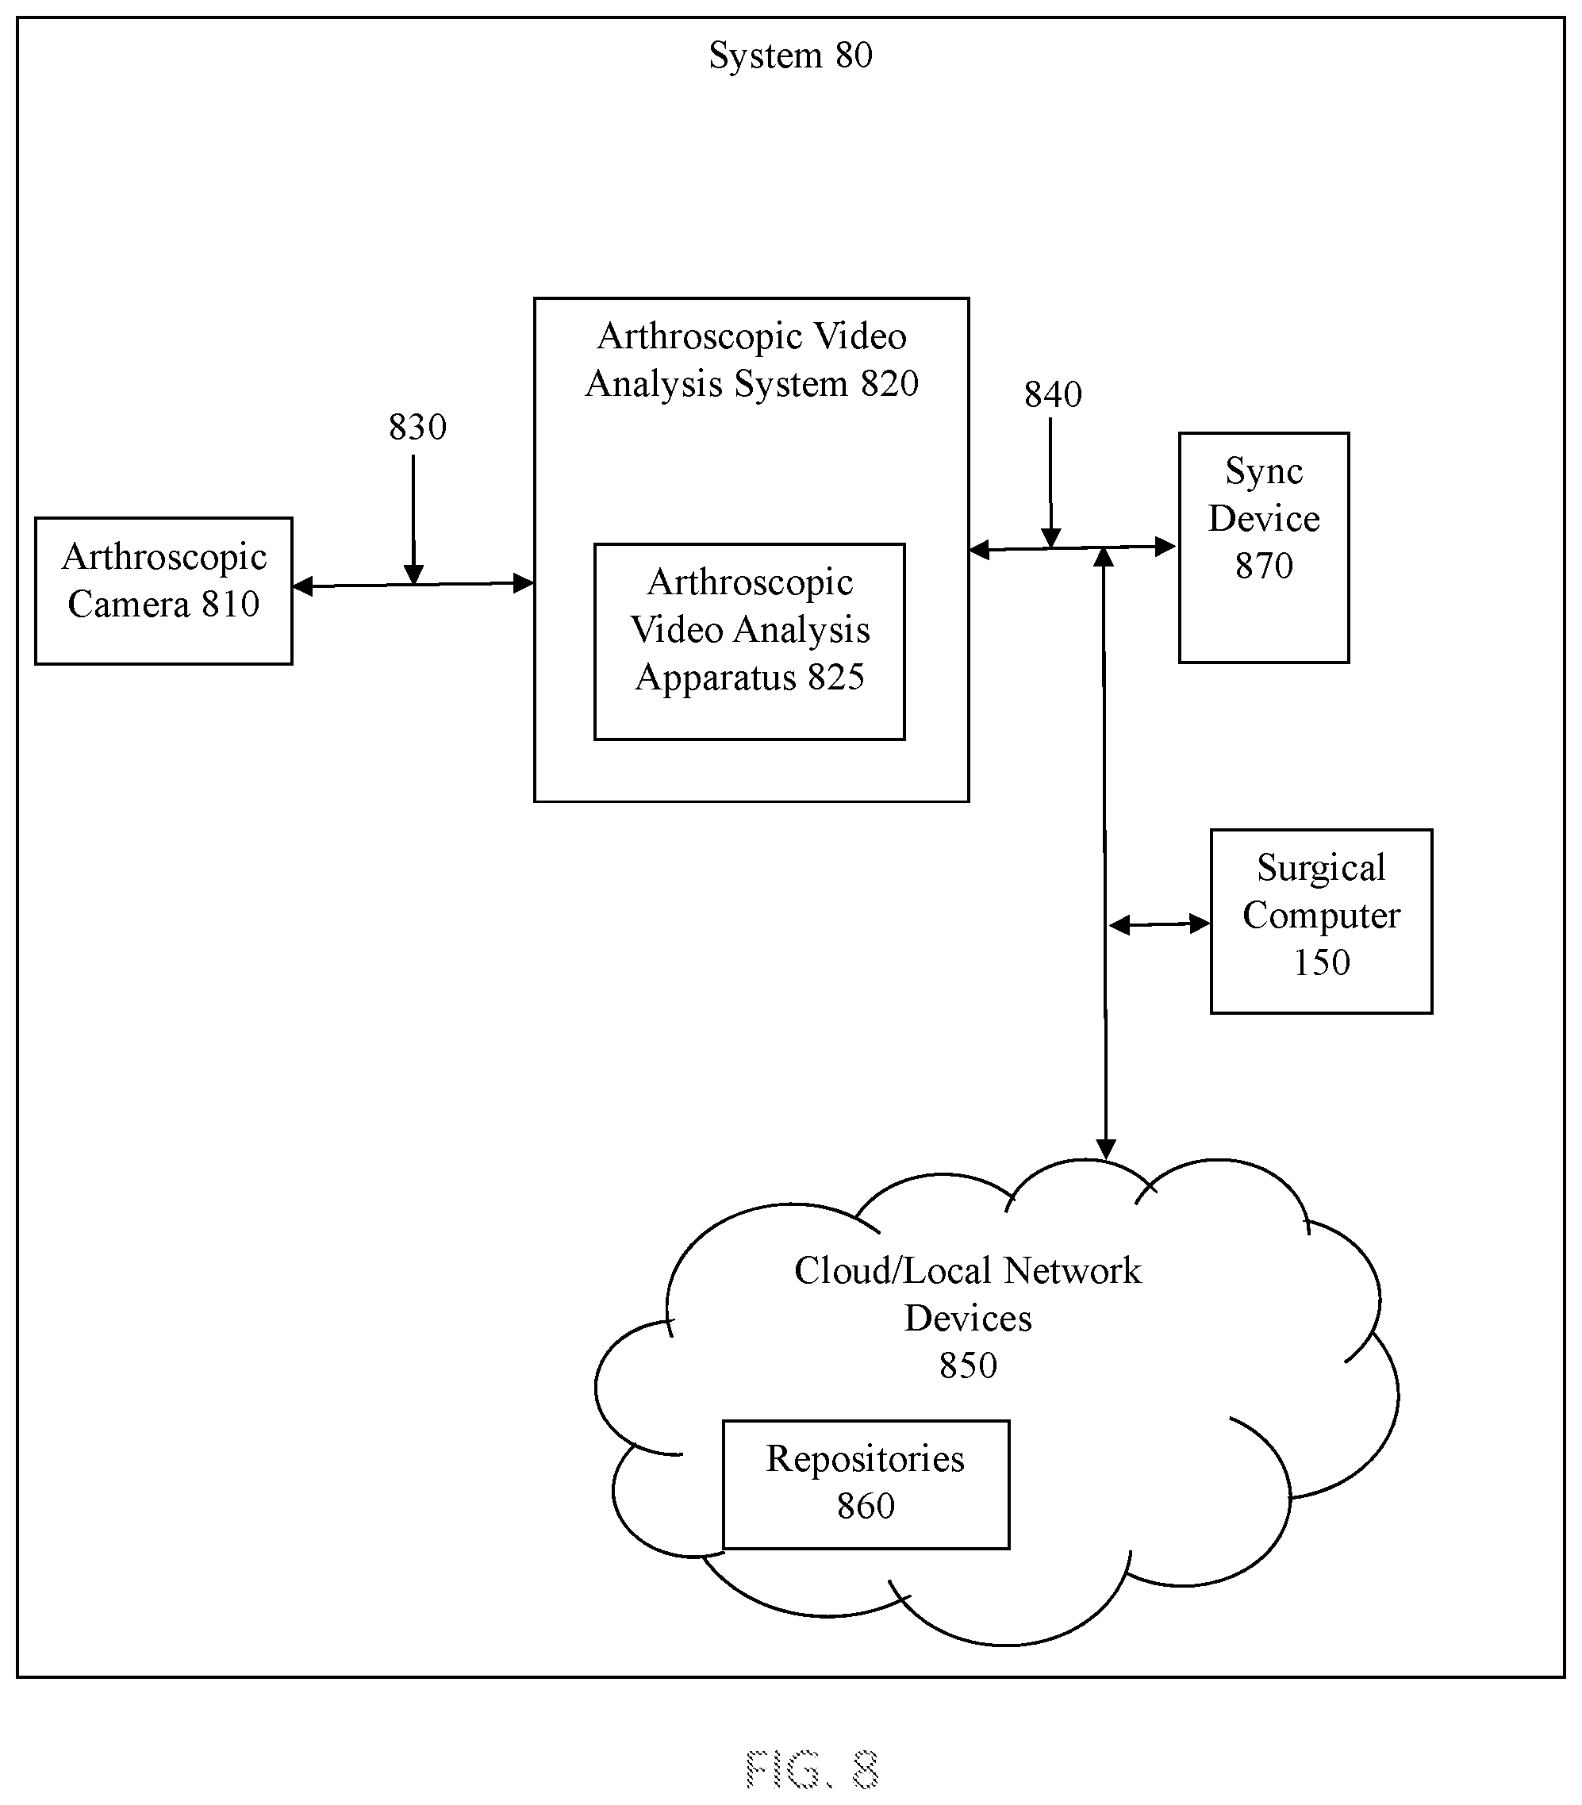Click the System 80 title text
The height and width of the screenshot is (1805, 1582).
790,56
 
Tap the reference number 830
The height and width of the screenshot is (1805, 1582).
417,427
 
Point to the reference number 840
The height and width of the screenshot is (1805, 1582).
1053,394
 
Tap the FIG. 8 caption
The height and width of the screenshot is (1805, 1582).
812,1769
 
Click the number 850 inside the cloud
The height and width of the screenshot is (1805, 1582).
968,1365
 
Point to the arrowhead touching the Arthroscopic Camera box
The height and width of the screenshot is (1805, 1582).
303,586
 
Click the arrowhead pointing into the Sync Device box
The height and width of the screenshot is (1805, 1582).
1166,547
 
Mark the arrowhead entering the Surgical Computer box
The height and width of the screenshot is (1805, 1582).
1200,924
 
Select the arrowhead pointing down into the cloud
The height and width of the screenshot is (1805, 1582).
1105,1148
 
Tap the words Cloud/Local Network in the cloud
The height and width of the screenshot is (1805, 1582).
968,1271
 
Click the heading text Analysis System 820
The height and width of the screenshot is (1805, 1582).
752,384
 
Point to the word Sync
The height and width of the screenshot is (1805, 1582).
1263,472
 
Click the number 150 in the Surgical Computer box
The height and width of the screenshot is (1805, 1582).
1322,962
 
